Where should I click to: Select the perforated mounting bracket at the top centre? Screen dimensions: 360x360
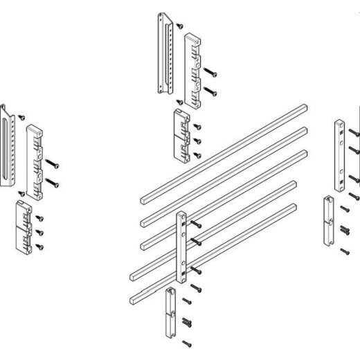point(163,52)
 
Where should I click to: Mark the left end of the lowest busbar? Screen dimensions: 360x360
point(132,297)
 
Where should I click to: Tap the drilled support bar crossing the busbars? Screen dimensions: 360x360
point(181,246)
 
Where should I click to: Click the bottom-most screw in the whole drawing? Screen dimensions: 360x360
point(185,343)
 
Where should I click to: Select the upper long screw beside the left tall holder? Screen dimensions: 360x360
point(53,165)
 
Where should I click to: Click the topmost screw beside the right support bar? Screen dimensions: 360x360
point(354,131)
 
